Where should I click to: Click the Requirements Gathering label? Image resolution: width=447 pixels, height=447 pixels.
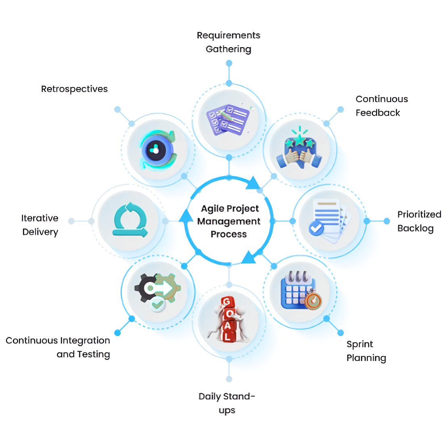228,42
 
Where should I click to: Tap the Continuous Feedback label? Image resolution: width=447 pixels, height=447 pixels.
381,106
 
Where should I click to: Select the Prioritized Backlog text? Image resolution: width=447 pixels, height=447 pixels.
419,221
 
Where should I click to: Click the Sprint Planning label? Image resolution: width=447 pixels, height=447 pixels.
366,351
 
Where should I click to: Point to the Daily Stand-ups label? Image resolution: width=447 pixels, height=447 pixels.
227,403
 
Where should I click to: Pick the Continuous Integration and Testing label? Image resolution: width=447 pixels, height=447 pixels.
58,347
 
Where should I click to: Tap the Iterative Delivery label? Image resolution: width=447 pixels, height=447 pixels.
40,225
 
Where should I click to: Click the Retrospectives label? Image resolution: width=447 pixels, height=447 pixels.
74,89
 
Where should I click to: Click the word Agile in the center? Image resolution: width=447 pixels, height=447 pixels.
213,209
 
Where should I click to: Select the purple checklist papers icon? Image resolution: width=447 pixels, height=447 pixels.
228,120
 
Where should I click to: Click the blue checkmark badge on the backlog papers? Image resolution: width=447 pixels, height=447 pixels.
316,229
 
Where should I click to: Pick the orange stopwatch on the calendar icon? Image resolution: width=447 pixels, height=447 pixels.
313,301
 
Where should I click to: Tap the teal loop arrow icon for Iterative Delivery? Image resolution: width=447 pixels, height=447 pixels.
130,220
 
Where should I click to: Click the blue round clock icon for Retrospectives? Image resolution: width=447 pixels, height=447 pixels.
156,150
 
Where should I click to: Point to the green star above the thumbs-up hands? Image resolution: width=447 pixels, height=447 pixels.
299,140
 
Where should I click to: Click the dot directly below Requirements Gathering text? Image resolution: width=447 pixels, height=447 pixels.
229,63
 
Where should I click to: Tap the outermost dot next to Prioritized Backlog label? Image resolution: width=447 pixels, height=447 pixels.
386,221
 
